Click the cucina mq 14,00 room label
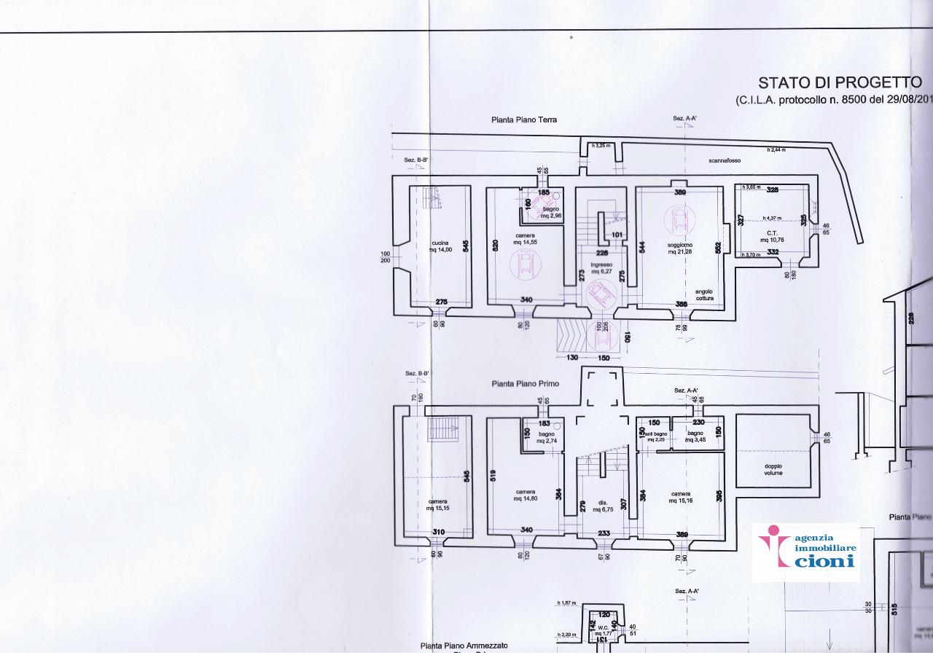tap(440, 246)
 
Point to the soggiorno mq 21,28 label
tap(681, 248)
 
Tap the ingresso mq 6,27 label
tap(601, 268)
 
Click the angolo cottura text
tap(704, 294)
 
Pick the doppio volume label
tap(773, 468)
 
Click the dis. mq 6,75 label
tap(603, 506)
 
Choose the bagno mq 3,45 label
tap(695, 436)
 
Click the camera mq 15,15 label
tap(438, 504)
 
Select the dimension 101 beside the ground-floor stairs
tap(616, 235)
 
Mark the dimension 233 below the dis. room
tap(604, 533)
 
